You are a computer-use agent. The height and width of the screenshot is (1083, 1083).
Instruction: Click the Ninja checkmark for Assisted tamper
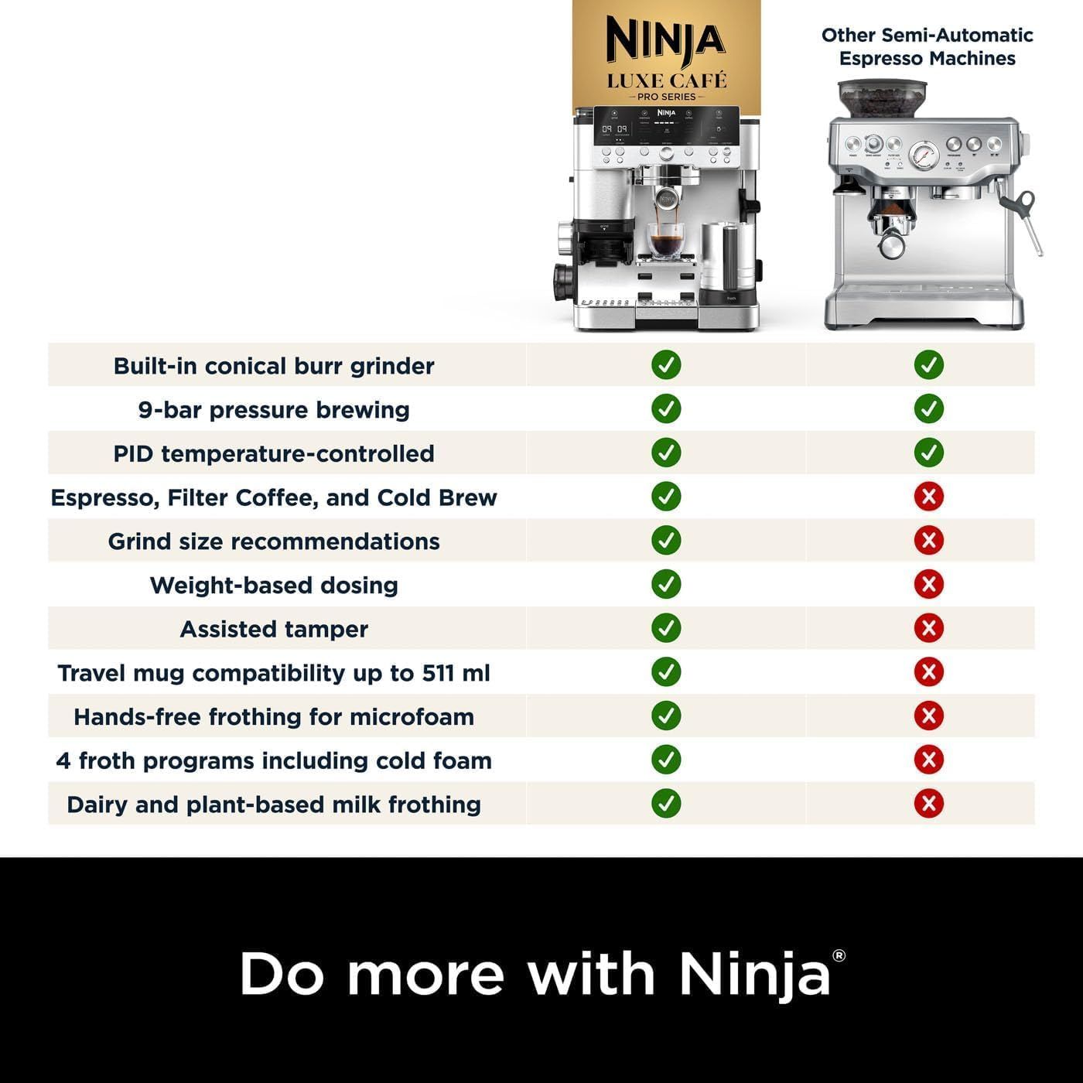[x=666, y=628]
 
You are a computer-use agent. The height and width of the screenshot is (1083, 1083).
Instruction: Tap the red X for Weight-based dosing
[x=928, y=584]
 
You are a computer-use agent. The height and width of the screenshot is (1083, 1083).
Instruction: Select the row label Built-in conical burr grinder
[x=274, y=366]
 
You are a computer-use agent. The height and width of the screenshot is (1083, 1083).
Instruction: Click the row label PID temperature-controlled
[x=274, y=453]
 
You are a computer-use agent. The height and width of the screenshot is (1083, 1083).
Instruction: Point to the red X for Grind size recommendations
[x=928, y=540]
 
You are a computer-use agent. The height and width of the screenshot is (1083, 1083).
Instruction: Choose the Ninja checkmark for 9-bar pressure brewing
[x=666, y=408]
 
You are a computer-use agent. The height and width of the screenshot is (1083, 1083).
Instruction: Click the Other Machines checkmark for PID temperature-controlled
[x=928, y=453]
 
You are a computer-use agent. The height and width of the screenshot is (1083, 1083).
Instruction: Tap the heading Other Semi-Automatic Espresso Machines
[x=927, y=46]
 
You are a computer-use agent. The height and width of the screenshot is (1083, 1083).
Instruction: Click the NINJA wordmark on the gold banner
[x=665, y=39]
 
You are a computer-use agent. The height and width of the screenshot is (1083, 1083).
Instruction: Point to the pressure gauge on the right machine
[x=924, y=155]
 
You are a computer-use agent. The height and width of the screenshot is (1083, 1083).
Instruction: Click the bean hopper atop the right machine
[x=883, y=98]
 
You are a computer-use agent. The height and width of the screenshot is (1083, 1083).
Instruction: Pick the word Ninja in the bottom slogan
[x=754, y=975]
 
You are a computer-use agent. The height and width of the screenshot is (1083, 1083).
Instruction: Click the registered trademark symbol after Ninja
[x=839, y=956]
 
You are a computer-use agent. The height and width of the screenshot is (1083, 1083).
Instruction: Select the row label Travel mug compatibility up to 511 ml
[x=274, y=673]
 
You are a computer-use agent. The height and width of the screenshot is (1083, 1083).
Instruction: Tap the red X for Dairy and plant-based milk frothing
[x=928, y=804]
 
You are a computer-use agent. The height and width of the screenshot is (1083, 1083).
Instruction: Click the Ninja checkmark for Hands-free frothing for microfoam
[x=666, y=716]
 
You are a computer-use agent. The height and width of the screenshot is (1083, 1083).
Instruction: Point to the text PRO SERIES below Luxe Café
[x=666, y=97]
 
